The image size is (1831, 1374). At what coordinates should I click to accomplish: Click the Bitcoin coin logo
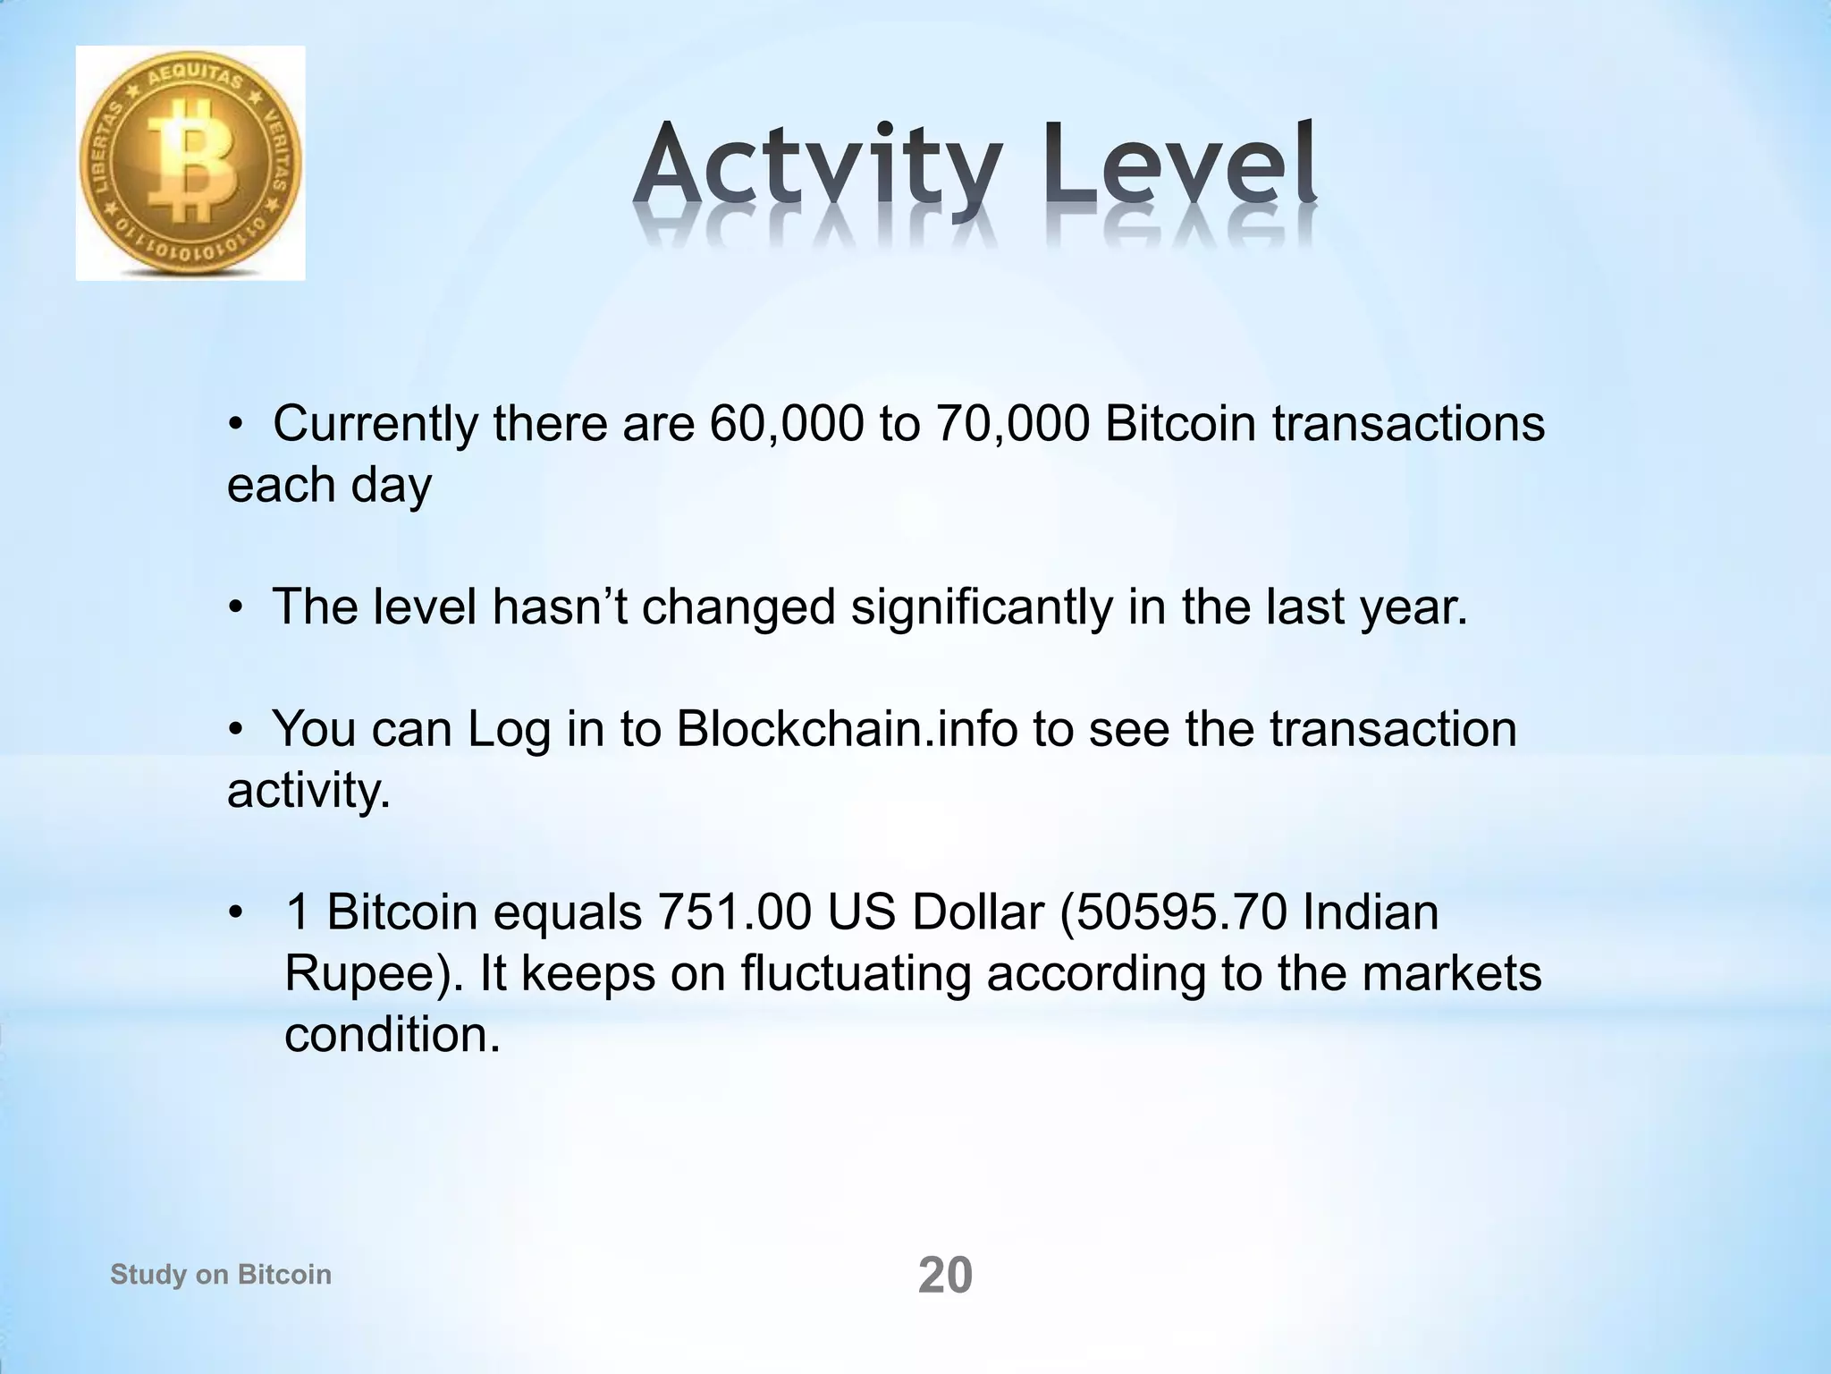190,164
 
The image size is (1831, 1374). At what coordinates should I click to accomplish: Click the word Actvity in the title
817,170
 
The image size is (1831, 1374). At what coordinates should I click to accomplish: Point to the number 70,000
1012,424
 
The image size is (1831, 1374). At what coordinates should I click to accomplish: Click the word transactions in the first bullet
1408,424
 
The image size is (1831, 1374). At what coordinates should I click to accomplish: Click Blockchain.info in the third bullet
847,729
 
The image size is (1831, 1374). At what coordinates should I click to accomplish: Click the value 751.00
734,913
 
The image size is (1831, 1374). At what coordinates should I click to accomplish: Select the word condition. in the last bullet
392,1035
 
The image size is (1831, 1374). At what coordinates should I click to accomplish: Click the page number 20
945,1276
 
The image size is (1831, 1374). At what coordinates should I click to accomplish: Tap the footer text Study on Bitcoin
221,1274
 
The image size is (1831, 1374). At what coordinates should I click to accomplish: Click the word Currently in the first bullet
375,424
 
